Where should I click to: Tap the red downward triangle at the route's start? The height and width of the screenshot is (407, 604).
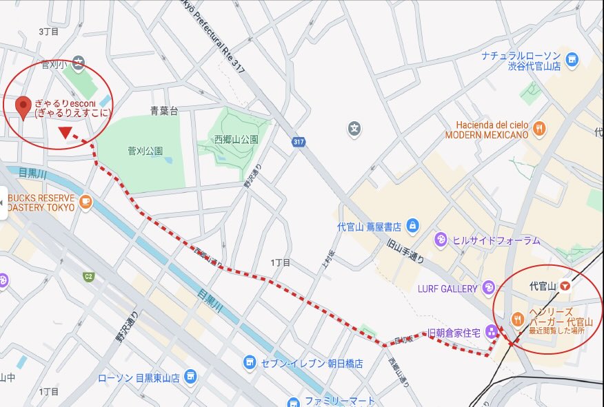(x=66, y=132)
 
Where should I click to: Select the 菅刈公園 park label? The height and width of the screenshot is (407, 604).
(x=145, y=151)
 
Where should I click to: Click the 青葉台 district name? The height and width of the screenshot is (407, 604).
(x=164, y=110)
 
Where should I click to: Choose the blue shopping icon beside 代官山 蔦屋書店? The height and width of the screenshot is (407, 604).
(x=412, y=225)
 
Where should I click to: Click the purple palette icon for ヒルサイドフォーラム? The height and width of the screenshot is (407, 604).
(x=441, y=240)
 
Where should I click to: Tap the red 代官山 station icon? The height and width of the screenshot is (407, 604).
(x=565, y=285)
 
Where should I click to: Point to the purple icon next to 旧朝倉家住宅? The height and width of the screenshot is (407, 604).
(x=492, y=333)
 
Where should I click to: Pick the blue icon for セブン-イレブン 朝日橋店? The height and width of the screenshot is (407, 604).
(x=249, y=362)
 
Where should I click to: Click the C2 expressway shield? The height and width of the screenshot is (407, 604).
(x=88, y=276)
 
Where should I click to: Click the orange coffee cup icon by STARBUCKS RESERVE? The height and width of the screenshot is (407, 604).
(x=85, y=202)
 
